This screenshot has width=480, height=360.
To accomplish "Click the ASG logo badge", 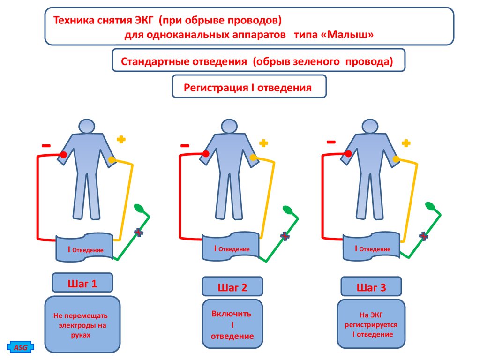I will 20,347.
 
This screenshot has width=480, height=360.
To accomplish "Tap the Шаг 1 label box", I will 82,284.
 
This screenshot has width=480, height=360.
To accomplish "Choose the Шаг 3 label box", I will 371,287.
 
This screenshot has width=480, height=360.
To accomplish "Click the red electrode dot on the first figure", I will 64,154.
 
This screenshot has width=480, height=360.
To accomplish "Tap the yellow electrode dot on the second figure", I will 254,157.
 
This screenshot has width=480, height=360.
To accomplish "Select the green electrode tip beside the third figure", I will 429,206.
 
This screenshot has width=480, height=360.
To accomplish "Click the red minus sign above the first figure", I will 46,146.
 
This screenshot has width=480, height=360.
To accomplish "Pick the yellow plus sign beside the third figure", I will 406,143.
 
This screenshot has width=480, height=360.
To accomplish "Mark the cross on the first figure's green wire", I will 138,232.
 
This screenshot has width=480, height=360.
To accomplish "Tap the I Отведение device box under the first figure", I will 85,248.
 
